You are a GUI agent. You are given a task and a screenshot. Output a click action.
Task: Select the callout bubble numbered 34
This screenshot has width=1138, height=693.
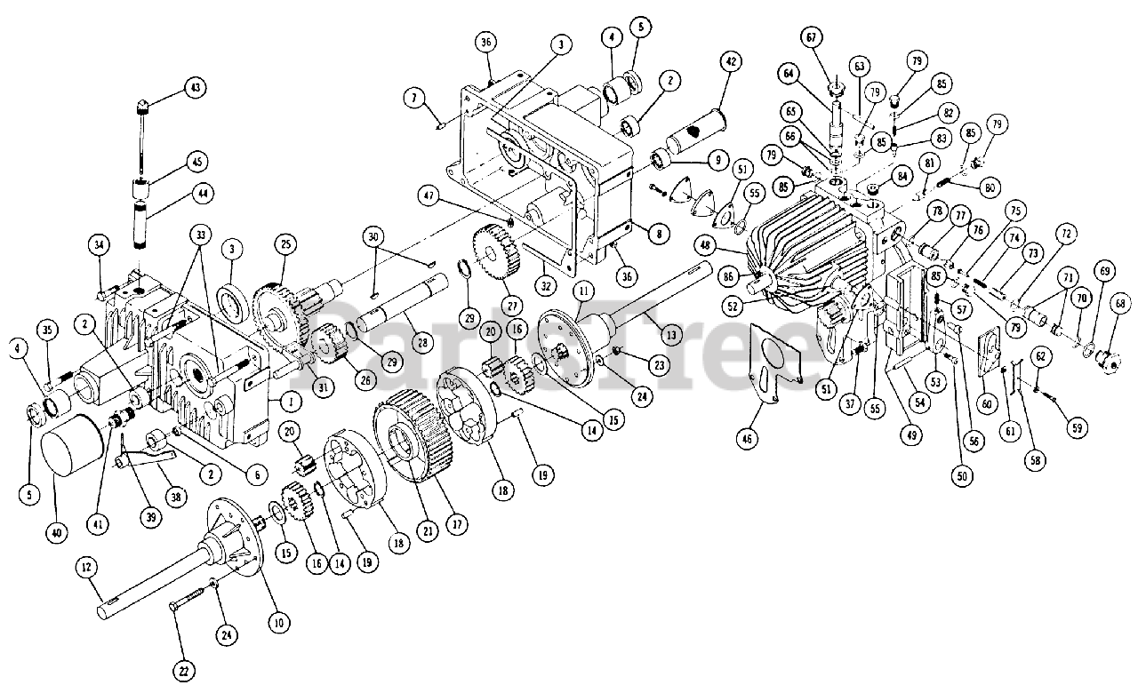tap(100, 243)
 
